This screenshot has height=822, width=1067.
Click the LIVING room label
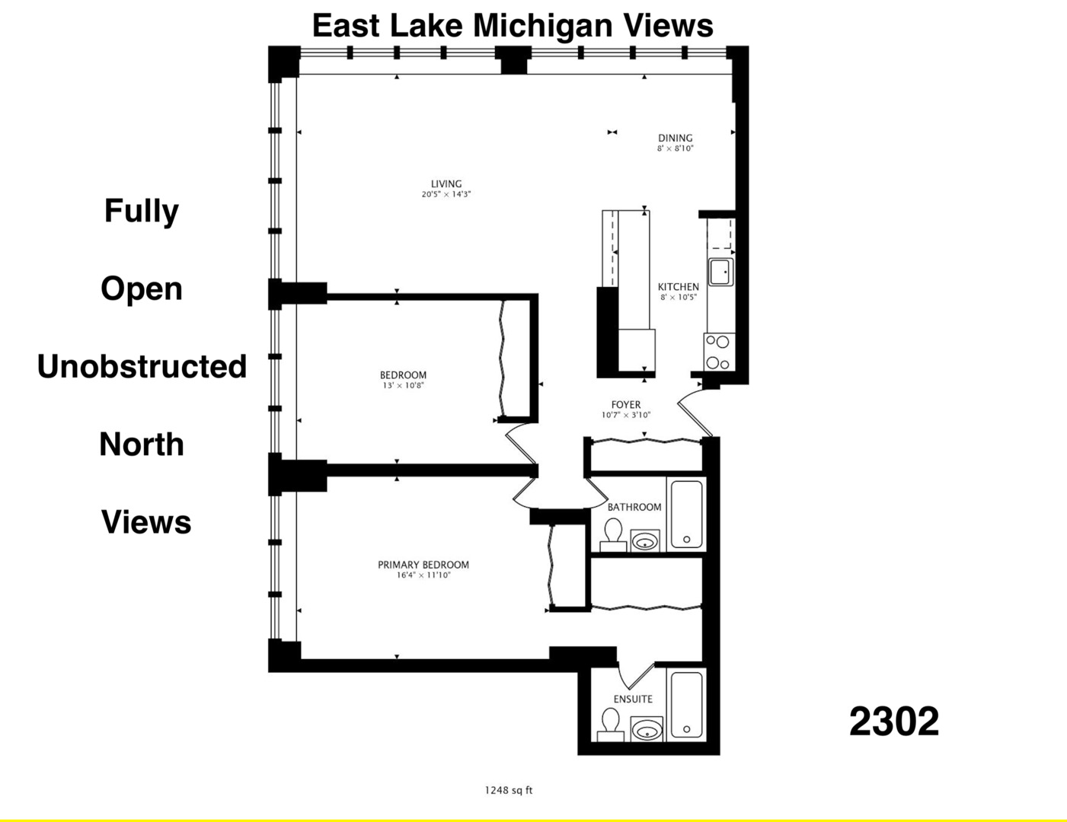point(446,183)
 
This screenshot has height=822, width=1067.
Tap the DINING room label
point(676,138)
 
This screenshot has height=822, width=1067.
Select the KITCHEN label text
point(678,287)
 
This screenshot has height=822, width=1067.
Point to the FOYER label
point(626,405)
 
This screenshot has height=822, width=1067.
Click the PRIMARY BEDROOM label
point(423,565)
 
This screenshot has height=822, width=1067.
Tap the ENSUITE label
point(633,699)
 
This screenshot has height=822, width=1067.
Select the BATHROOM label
point(634,507)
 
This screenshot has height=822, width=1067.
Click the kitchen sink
point(720,272)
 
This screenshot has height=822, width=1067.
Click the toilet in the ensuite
point(611,724)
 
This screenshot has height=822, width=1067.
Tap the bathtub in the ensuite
point(687,705)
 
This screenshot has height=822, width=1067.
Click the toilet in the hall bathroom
point(613,534)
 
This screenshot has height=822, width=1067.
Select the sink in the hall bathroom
point(645,541)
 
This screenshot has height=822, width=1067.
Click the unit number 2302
point(894,722)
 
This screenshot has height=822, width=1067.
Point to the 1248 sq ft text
point(509,790)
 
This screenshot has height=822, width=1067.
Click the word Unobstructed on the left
point(142,366)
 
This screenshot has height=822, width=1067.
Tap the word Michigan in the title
point(543,25)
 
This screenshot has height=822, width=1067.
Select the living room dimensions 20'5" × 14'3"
point(446,195)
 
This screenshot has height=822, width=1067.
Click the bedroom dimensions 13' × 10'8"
point(403,386)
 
